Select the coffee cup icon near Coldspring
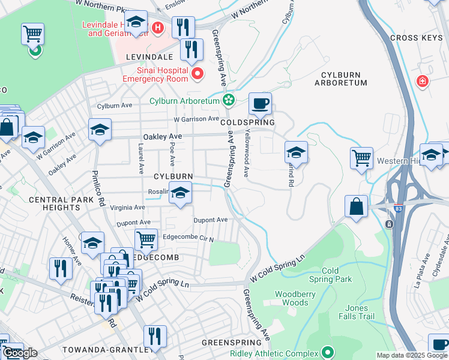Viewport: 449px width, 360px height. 260,104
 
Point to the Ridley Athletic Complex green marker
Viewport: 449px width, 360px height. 327,352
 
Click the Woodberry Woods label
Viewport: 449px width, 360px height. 291,298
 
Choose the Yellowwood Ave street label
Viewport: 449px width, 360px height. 246,153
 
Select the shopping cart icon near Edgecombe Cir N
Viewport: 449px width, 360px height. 146,240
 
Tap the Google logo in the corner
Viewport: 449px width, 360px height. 20,353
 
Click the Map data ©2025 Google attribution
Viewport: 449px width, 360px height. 412,355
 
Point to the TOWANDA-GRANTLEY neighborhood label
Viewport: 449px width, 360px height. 112,350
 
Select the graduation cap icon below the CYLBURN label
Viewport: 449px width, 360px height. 180,194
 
